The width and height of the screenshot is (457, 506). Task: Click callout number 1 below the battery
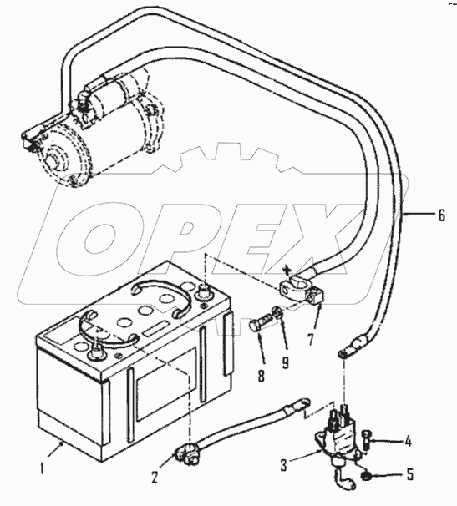pos(42,468)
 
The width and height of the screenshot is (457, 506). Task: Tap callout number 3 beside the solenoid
pos(283,466)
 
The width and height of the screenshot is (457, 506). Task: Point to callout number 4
pos(409,441)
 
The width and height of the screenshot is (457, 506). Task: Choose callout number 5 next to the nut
pos(410,475)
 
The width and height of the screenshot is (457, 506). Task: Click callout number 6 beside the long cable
pos(441,215)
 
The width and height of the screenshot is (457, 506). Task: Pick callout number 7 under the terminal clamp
pos(311,340)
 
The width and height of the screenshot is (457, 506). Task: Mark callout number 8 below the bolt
pos(262,376)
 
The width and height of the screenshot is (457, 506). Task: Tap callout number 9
pos(285,362)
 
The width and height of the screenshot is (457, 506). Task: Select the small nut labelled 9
pos(278,312)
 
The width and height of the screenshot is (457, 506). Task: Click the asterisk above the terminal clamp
pos(286,269)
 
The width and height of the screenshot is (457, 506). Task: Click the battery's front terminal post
pos(95,351)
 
